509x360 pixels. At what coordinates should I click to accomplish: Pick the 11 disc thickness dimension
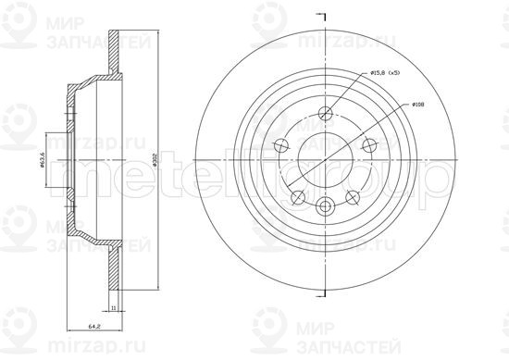(113, 306)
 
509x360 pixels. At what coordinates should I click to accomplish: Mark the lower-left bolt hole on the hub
(297, 196)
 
